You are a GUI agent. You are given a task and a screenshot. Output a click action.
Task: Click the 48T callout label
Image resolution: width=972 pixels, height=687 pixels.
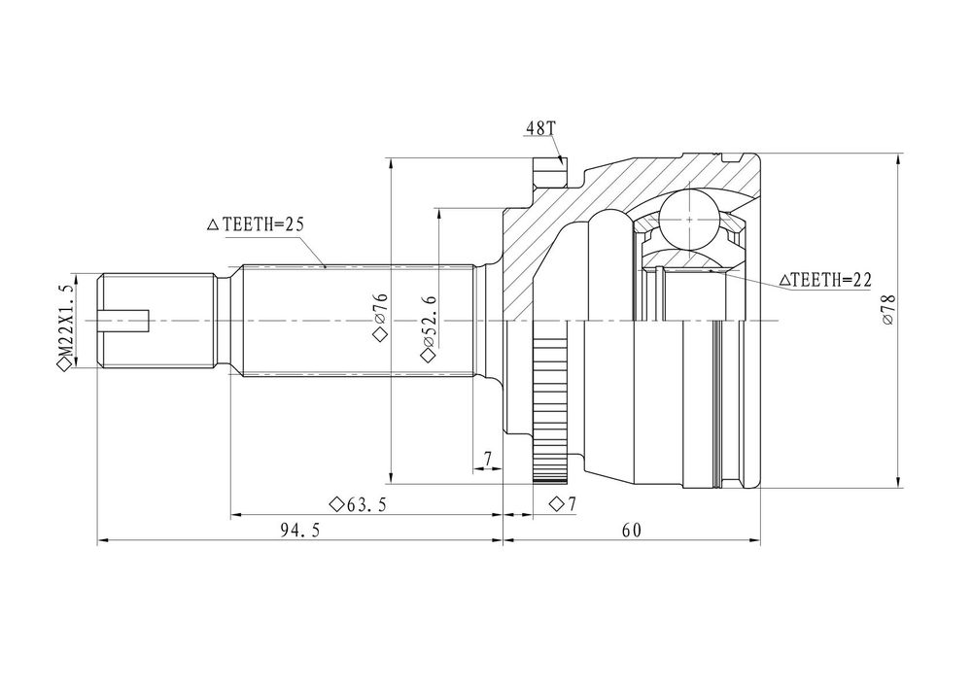point(540,128)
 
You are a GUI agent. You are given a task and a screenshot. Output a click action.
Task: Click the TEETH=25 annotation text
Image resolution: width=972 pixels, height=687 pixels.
point(263,223)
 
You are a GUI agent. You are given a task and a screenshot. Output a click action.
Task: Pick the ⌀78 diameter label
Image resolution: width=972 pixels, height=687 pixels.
point(887,310)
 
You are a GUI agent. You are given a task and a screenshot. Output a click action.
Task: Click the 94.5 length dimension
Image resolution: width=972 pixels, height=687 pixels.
point(300,531)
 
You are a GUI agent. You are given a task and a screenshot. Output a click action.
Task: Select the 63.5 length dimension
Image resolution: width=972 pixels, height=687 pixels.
point(366,505)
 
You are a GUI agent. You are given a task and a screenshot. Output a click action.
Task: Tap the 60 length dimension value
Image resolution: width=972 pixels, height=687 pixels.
point(632,531)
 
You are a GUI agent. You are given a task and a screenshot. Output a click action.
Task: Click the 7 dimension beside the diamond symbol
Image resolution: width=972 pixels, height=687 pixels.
point(571,504)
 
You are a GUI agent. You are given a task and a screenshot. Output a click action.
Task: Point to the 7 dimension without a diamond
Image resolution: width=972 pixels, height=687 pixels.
point(488,459)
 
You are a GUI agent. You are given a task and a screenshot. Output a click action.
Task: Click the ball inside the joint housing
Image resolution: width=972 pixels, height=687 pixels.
point(689,220)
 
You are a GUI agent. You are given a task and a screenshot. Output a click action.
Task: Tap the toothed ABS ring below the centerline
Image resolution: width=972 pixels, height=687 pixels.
point(550,408)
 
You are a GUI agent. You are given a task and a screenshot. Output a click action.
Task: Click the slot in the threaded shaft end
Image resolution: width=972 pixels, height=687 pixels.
point(124,321)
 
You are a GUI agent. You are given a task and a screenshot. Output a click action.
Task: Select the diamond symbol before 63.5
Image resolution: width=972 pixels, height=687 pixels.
point(336,505)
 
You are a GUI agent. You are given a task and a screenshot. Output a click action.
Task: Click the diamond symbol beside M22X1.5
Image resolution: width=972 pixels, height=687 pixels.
point(65,366)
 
